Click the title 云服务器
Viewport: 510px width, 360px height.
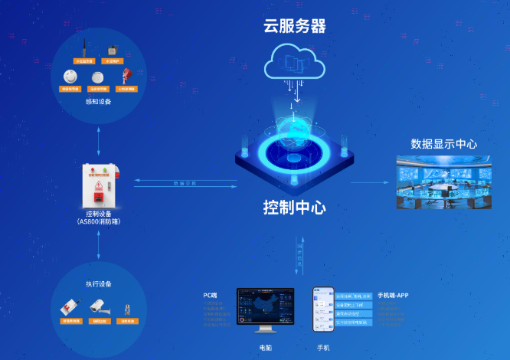tap(295, 27)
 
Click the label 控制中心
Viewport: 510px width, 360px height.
tap(295, 208)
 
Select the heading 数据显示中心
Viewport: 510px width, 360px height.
tap(444, 144)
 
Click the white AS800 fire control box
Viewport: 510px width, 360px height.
tap(100, 184)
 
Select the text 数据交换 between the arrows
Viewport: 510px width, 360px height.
tap(185, 183)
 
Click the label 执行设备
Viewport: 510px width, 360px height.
tap(99, 284)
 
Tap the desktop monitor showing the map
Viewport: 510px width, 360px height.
tap(265, 308)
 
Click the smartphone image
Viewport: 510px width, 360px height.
tap(323, 309)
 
